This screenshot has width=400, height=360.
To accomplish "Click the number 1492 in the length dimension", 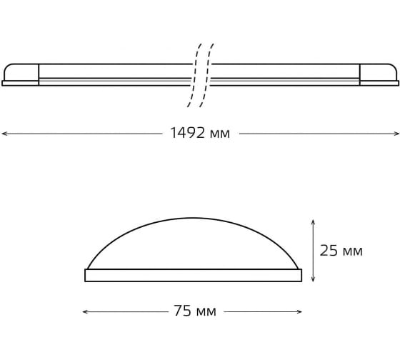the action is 187,133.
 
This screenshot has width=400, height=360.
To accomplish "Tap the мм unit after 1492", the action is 220,134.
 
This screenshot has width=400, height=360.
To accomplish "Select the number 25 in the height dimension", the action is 329,250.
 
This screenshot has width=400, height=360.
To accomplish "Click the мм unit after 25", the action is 353,252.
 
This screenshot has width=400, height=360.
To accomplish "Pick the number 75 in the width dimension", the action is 183,311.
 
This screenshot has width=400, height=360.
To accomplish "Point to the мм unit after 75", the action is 206,312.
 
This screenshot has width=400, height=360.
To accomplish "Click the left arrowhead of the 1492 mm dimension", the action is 4,134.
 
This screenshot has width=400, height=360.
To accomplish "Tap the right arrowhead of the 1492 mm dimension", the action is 396,134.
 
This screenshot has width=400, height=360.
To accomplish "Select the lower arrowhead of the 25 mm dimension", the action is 314,279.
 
